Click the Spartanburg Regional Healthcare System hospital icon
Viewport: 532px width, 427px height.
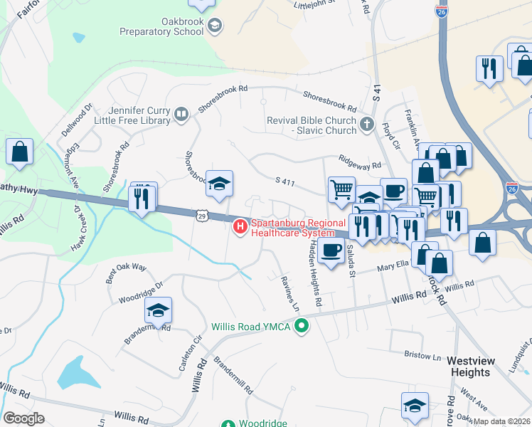pos(240,227)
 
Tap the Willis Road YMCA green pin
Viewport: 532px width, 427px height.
pos(302,327)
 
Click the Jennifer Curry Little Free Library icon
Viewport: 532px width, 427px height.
pos(181,115)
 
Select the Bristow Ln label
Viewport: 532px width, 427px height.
pos(422,354)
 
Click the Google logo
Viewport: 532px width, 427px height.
pos(23,418)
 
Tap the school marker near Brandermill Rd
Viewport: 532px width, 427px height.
pos(159,310)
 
